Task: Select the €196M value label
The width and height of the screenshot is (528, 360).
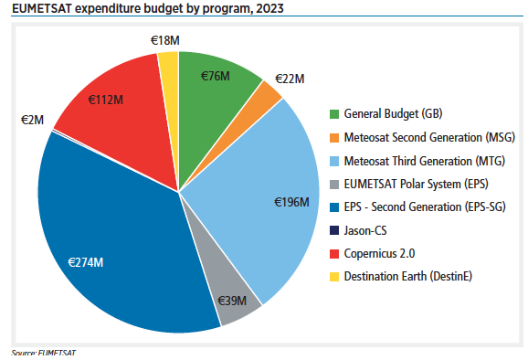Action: pos(294,203)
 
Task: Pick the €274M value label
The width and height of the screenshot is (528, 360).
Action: pos(86,262)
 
